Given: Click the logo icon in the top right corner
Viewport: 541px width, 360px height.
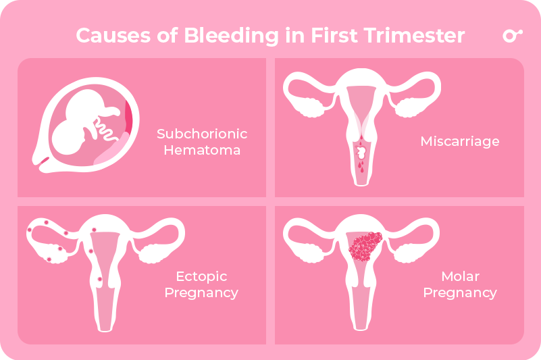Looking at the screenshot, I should point(512,36).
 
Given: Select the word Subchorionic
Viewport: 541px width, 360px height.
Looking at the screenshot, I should point(202,134).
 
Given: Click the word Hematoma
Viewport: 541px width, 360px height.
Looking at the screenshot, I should point(202,150).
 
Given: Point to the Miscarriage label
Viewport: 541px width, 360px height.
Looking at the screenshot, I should point(459,142).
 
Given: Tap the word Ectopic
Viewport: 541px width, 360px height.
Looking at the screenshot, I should point(201,277).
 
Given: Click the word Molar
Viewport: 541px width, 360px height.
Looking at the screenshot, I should point(459,277).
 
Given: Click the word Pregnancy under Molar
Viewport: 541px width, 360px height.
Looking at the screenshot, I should point(459,293).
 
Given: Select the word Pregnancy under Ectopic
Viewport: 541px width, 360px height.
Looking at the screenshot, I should point(201,293).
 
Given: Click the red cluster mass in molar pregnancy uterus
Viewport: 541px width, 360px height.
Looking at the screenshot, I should point(365,247).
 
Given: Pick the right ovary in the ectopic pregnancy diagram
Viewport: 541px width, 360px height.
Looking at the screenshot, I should point(153,253).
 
